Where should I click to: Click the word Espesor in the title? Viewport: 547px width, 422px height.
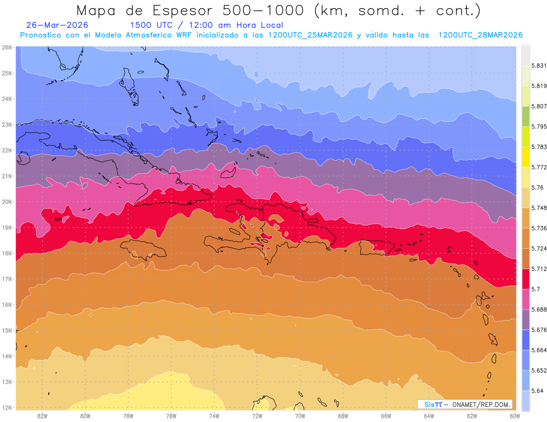click(183, 11)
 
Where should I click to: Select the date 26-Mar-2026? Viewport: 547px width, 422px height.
click(57, 25)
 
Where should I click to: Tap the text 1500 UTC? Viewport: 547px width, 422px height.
click(151, 25)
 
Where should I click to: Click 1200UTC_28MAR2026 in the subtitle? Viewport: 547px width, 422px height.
click(480, 35)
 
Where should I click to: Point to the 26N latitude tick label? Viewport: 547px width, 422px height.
click(6, 47)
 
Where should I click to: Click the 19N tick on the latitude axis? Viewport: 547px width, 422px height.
click(6, 228)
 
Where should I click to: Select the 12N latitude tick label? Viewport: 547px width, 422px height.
click(6, 408)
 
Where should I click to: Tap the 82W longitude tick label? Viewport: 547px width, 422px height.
click(42, 416)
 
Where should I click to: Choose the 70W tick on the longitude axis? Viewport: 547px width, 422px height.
click(300, 416)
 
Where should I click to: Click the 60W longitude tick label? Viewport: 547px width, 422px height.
click(515, 416)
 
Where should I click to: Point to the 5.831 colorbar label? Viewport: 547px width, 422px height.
click(539, 66)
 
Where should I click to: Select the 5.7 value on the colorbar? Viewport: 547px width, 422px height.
click(536, 289)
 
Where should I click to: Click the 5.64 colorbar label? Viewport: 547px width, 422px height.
click(537, 391)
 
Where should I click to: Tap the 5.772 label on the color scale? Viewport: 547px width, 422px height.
click(539, 167)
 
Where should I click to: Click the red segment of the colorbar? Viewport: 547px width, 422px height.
click(526, 279)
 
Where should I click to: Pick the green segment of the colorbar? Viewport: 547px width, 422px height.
click(526, 117)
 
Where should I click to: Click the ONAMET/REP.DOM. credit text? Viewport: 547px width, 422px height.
click(481, 404)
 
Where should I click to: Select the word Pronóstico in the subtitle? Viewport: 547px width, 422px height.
click(41, 35)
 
